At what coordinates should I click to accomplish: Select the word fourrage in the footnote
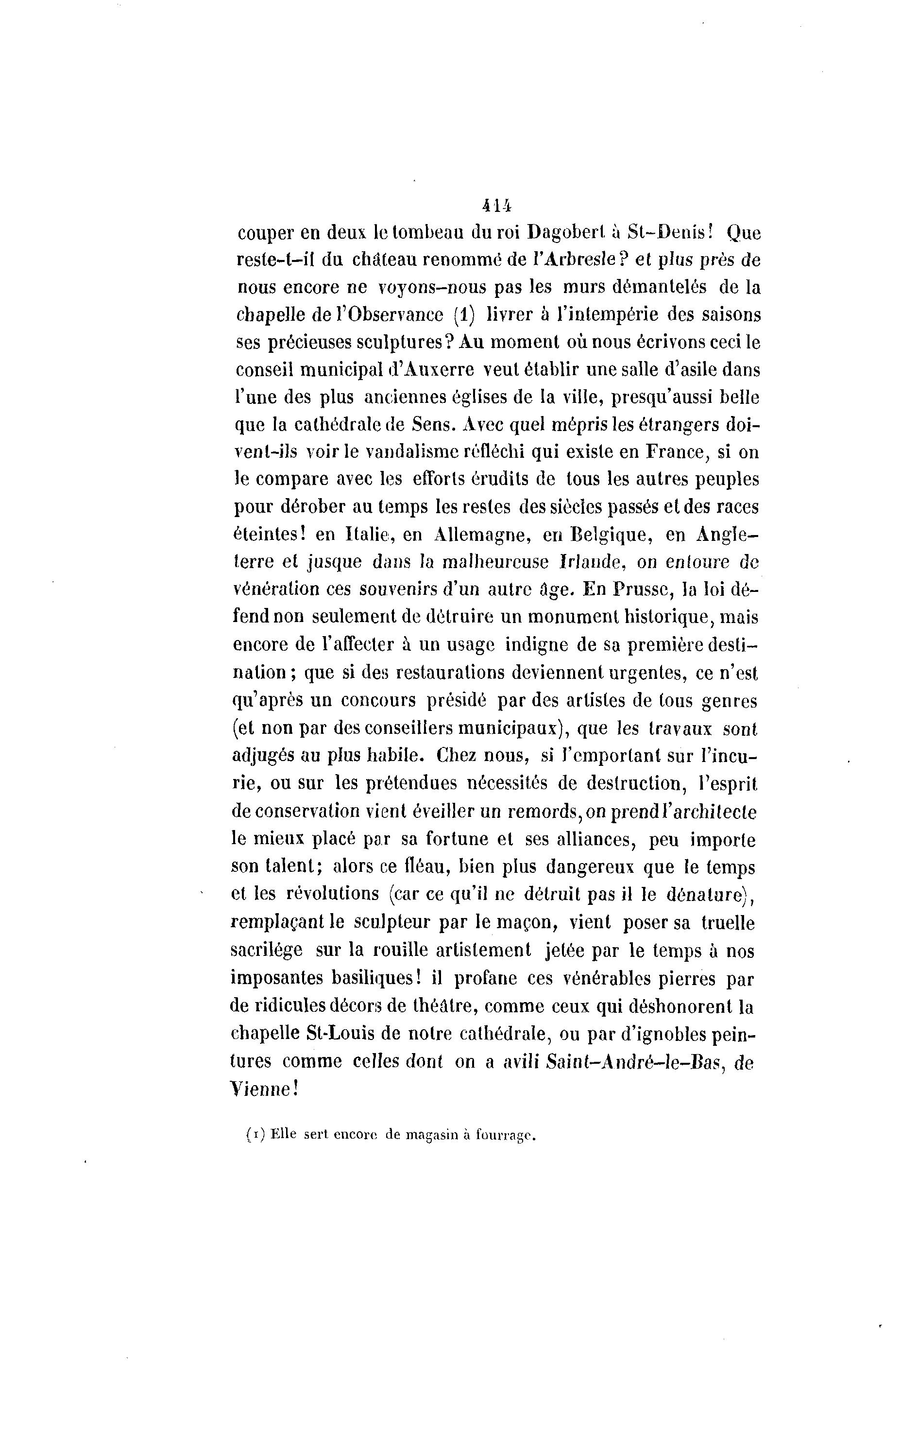click(504, 1136)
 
